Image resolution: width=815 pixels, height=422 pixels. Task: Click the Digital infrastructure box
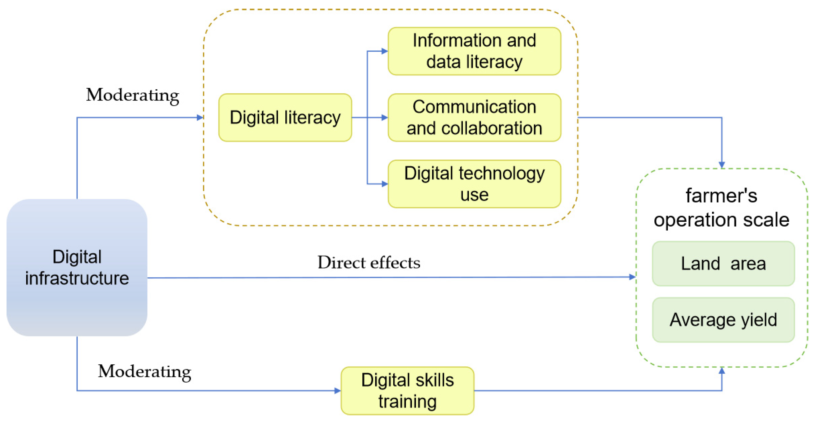pyautogui.click(x=77, y=267)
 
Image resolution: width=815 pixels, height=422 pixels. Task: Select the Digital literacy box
pyautogui.click(x=285, y=117)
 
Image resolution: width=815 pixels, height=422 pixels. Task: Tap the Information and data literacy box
pyautogui.click(x=474, y=51)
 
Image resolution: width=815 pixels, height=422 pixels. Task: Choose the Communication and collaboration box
pyautogui.click(x=474, y=117)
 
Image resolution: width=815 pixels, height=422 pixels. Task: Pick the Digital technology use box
pyautogui.click(x=474, y=184)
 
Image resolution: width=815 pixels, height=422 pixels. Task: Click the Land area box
pyautogui.click(x=723, y=264)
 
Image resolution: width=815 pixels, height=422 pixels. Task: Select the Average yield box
pyautogui.click(x=723, y=320)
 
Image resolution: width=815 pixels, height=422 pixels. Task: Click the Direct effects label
pyautogui.click(x=369, y=263)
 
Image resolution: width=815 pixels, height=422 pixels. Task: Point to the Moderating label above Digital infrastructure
pyautogui.click(x=132, y=95)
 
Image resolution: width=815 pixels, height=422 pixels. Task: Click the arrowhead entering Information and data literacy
pyautogui.click(x=384, y=51)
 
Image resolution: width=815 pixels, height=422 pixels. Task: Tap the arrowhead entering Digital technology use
pyautogui.click(x=384, y=184)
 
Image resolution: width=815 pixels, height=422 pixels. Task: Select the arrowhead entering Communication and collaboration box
pyautogui.click(x=384, y=117)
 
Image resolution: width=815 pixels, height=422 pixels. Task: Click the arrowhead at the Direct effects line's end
pyautogui.click(x=632, y=277)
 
